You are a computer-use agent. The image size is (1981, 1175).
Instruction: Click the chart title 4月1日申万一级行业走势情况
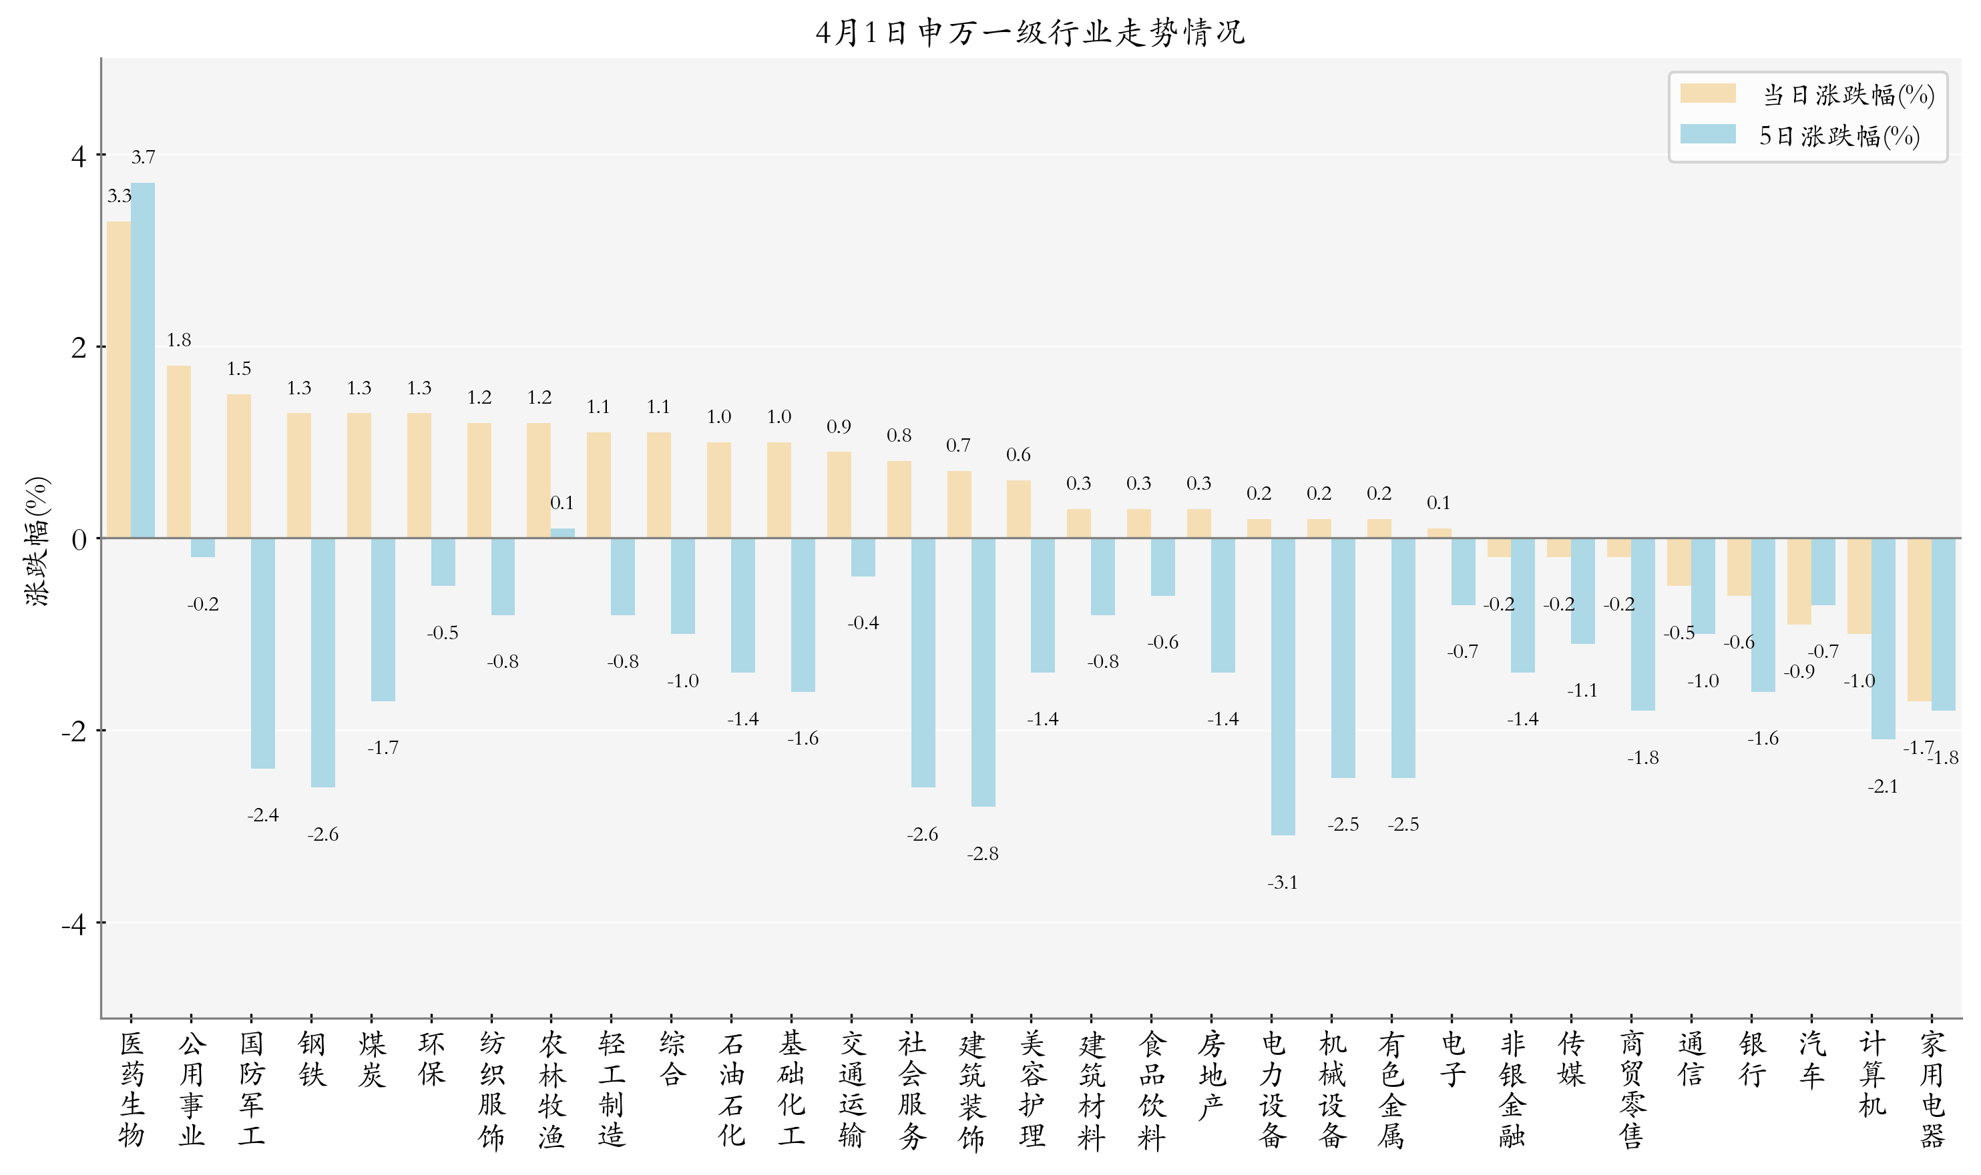click(x=1030, y=33)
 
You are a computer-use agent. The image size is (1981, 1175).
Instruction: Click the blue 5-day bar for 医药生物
click(x=143, y=360)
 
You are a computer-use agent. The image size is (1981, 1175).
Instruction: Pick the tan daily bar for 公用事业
click(x=179, y=451)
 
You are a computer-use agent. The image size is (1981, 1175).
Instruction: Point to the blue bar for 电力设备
click(x=1283, y=686)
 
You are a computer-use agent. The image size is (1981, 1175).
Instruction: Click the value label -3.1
click(x=1283, y=882)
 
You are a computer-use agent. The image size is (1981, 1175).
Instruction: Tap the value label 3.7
click(x=143, y=157)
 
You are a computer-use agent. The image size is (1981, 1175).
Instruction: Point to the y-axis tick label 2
click(x=77, y=347)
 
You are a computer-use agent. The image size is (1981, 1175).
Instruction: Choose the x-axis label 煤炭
click(x=371, y=1059)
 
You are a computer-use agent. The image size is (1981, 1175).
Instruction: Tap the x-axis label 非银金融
click(x=1512, y=1089)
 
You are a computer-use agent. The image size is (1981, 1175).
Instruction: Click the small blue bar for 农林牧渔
click(x=562, y=533)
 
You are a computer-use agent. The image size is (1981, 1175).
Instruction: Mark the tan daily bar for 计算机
click(x=1859, y=586)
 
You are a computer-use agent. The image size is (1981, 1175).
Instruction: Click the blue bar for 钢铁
click(x=323, y=663)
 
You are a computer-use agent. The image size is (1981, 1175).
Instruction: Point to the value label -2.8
click(x=982, y=853)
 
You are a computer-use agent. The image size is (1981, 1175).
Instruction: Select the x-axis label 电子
click(x=1452, y=1059)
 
